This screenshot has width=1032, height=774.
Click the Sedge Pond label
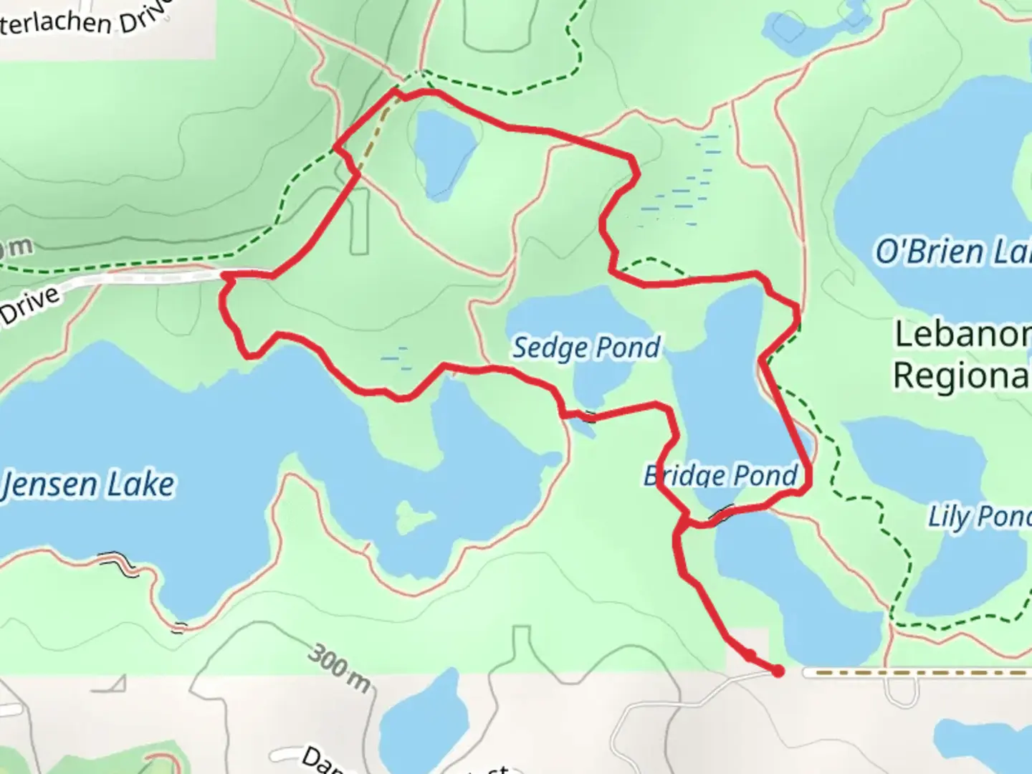[586, 348]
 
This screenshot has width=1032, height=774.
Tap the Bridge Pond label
[720, 475]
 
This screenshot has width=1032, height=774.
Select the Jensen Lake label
[87, 485]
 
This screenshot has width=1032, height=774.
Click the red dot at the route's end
[778, 672]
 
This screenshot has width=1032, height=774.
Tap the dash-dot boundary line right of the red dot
[917, 673]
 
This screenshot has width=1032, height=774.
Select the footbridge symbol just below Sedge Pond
[588, 415]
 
